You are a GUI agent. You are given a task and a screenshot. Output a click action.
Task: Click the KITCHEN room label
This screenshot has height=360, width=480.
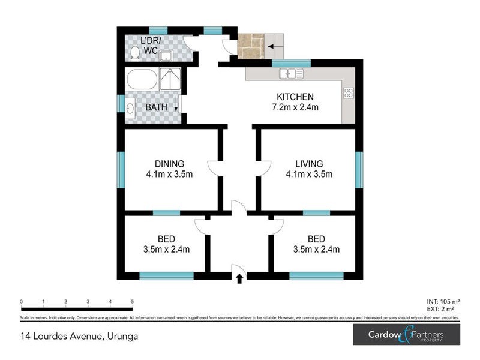[x=295, y=97]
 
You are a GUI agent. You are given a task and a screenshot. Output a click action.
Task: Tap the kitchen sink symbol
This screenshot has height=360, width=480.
[x=292, y=74]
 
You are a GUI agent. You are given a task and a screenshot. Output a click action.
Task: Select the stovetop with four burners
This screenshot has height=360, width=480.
[x=349, y=93]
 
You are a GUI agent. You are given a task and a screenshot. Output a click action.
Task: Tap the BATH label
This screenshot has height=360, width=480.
[x=157, y=108]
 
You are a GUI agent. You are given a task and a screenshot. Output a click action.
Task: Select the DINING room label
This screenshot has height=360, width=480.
[x=169, y=164]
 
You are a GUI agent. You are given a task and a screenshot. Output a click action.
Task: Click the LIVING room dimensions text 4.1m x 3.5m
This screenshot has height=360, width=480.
[x=309, y=175]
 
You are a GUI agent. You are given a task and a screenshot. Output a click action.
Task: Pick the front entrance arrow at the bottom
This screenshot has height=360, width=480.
[x=239, y=278]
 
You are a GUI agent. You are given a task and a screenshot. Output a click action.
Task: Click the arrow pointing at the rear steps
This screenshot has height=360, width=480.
[x=275, y=46]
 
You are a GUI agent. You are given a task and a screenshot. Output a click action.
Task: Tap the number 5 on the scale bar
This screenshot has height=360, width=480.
[x=132, y=302]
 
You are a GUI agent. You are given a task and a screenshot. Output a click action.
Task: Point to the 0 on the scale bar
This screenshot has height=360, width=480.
[x=21, y=302]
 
